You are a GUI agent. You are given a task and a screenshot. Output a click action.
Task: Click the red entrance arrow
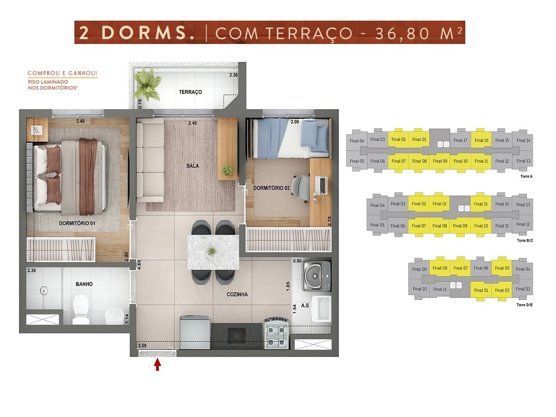[157, 365]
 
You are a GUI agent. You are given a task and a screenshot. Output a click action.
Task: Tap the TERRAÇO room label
[191, 92]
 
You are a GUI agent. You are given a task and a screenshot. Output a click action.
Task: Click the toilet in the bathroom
[80, 308]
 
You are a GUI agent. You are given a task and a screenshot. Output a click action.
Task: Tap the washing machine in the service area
[317, 276]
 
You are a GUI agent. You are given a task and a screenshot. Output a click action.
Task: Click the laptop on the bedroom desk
[321, 186]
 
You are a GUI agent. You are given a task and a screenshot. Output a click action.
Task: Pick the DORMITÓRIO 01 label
[77, 223]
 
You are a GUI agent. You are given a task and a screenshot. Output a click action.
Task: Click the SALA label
[193, 166]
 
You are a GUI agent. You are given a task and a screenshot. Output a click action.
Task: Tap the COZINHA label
[237, 294]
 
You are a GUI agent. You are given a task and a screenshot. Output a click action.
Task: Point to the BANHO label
[84, 284]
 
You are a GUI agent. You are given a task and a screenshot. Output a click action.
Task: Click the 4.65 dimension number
[140, 266]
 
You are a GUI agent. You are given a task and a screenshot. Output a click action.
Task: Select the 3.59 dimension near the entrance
[142, 345]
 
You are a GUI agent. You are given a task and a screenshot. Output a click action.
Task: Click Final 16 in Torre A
[481, 141]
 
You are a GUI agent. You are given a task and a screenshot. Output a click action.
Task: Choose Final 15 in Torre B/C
[481, 204]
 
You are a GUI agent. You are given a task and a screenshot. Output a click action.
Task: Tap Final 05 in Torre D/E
[502, 268]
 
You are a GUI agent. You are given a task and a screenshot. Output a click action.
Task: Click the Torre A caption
[527, 176]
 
